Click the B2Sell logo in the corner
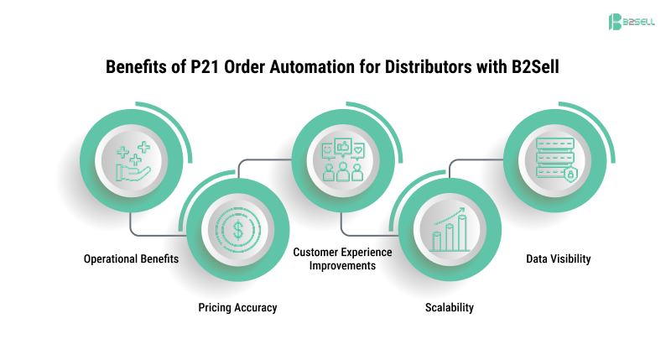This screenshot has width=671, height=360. pos(630,22)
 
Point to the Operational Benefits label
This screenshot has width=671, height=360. pos(131,258)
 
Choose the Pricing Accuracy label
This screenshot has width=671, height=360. pos(237,307)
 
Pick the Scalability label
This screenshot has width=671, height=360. pos(448,307)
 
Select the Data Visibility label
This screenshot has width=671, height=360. pos(558,258)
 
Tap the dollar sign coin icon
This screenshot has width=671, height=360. pos(238,228)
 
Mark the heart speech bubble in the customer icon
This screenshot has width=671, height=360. pos(359,150)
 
